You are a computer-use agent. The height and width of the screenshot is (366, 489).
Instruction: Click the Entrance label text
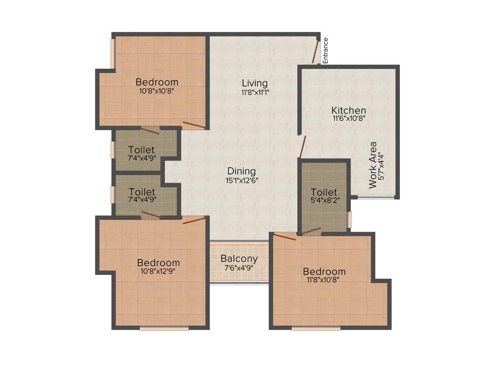[326, 51]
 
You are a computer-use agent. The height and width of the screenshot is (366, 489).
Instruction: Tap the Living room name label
[255, 83]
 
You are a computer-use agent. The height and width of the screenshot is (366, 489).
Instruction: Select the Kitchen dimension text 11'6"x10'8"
[349, 119]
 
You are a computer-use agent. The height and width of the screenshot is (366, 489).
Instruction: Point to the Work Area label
[374, 164]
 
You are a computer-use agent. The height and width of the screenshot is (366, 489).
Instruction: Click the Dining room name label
[241, 171]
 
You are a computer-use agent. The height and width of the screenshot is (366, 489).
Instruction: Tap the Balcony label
[239, 259]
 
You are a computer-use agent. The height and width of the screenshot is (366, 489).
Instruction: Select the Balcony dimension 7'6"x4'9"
[239, 268]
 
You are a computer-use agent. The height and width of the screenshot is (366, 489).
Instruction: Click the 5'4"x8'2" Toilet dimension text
[324, 201]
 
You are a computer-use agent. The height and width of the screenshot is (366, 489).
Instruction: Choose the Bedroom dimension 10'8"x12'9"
[159, 272]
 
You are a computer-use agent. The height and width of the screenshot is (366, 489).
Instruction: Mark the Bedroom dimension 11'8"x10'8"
[324, 280]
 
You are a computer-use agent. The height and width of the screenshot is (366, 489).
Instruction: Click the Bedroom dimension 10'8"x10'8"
[157, 91]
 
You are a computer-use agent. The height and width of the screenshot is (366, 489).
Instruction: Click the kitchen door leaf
[301, 147]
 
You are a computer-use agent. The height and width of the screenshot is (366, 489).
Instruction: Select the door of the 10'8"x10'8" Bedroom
[194, 125]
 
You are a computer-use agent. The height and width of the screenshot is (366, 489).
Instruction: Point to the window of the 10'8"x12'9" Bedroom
[164, 328]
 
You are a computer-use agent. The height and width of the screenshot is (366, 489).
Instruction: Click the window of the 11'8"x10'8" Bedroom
[316, 328]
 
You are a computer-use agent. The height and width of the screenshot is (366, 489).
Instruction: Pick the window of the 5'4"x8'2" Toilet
[350, 220]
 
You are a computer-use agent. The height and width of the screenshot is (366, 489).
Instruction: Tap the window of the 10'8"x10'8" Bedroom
[113, 53]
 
